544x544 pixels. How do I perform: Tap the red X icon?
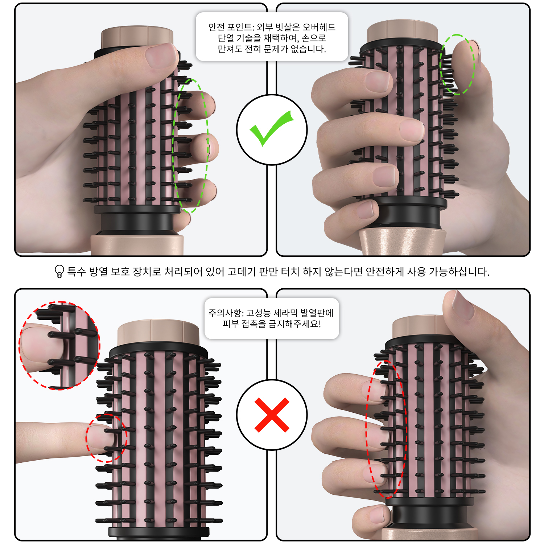tap(272, 415)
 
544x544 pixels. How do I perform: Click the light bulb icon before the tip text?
tap(59, 271)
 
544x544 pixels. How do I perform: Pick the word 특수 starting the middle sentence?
tap(77, 271)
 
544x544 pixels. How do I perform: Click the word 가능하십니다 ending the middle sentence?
tap(459, 271)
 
